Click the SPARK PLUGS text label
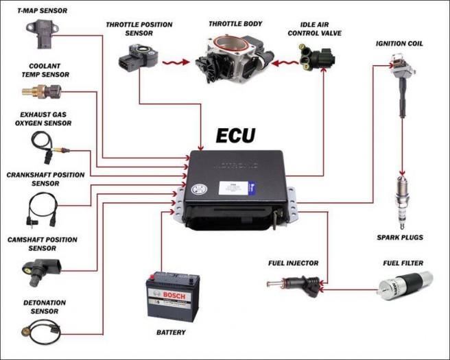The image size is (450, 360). point(400,237)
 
